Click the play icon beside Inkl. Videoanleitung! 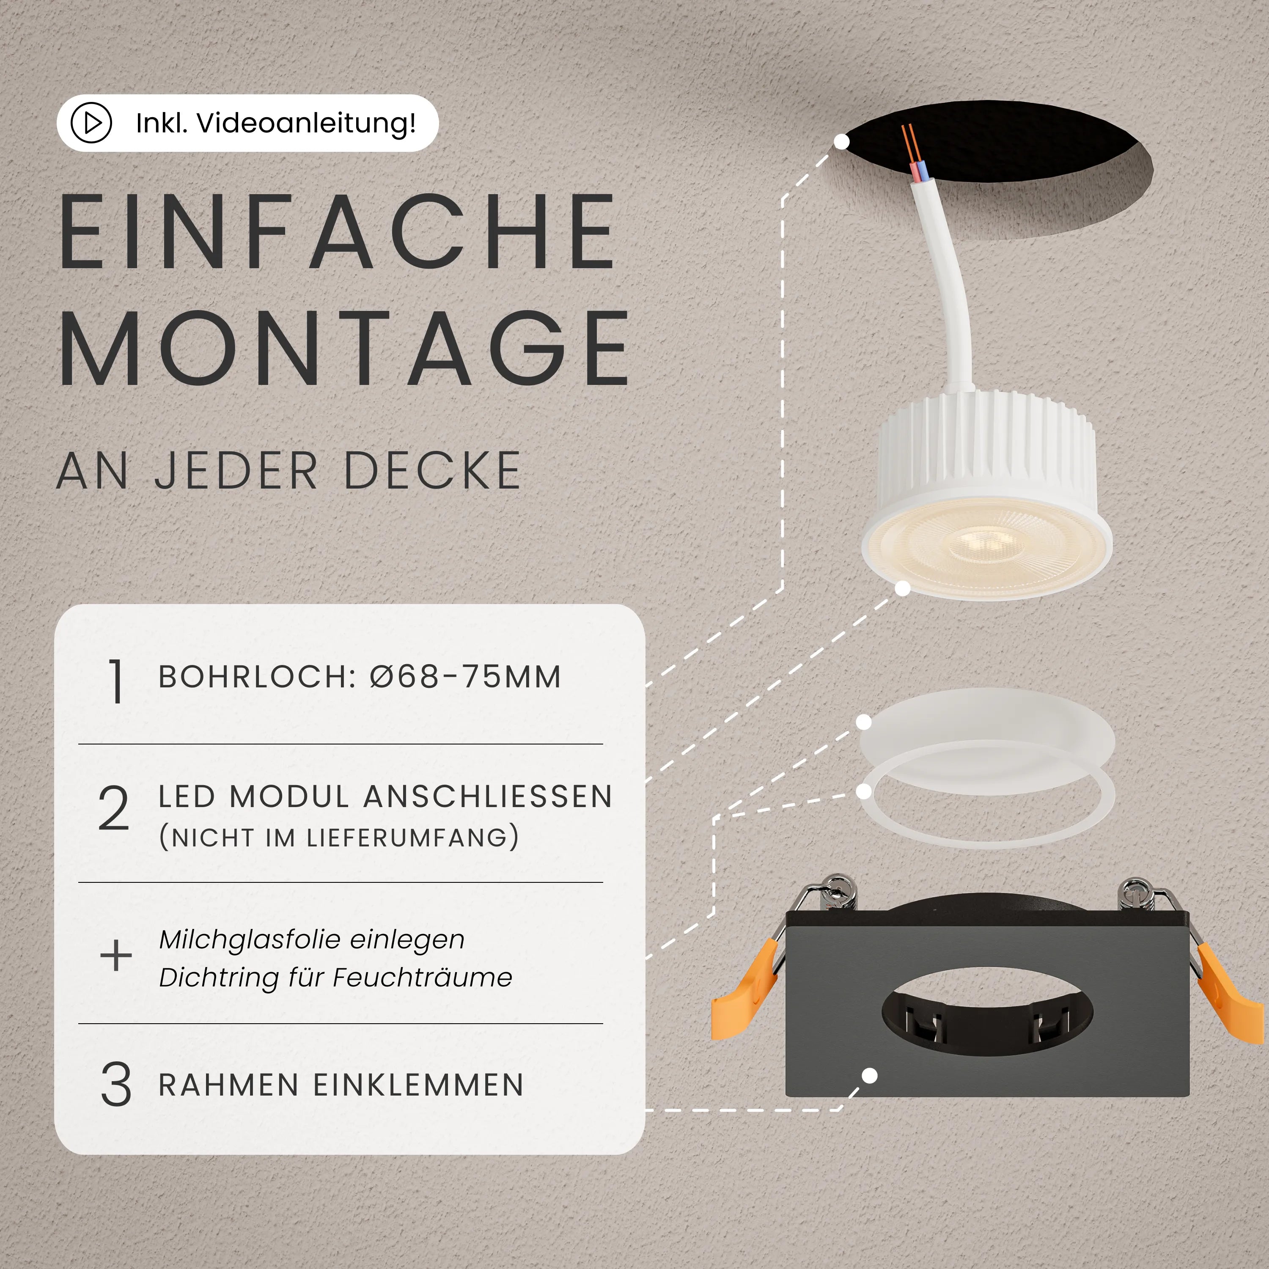coord(91,123)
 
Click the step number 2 coord(114,808)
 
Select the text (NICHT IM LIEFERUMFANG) coord(339,838)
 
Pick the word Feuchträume coord(422,978)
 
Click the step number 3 coord(115,1085)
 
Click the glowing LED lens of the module coord(986,545)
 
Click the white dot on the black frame coord(869,1076)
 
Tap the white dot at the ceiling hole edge coord(841,141)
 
